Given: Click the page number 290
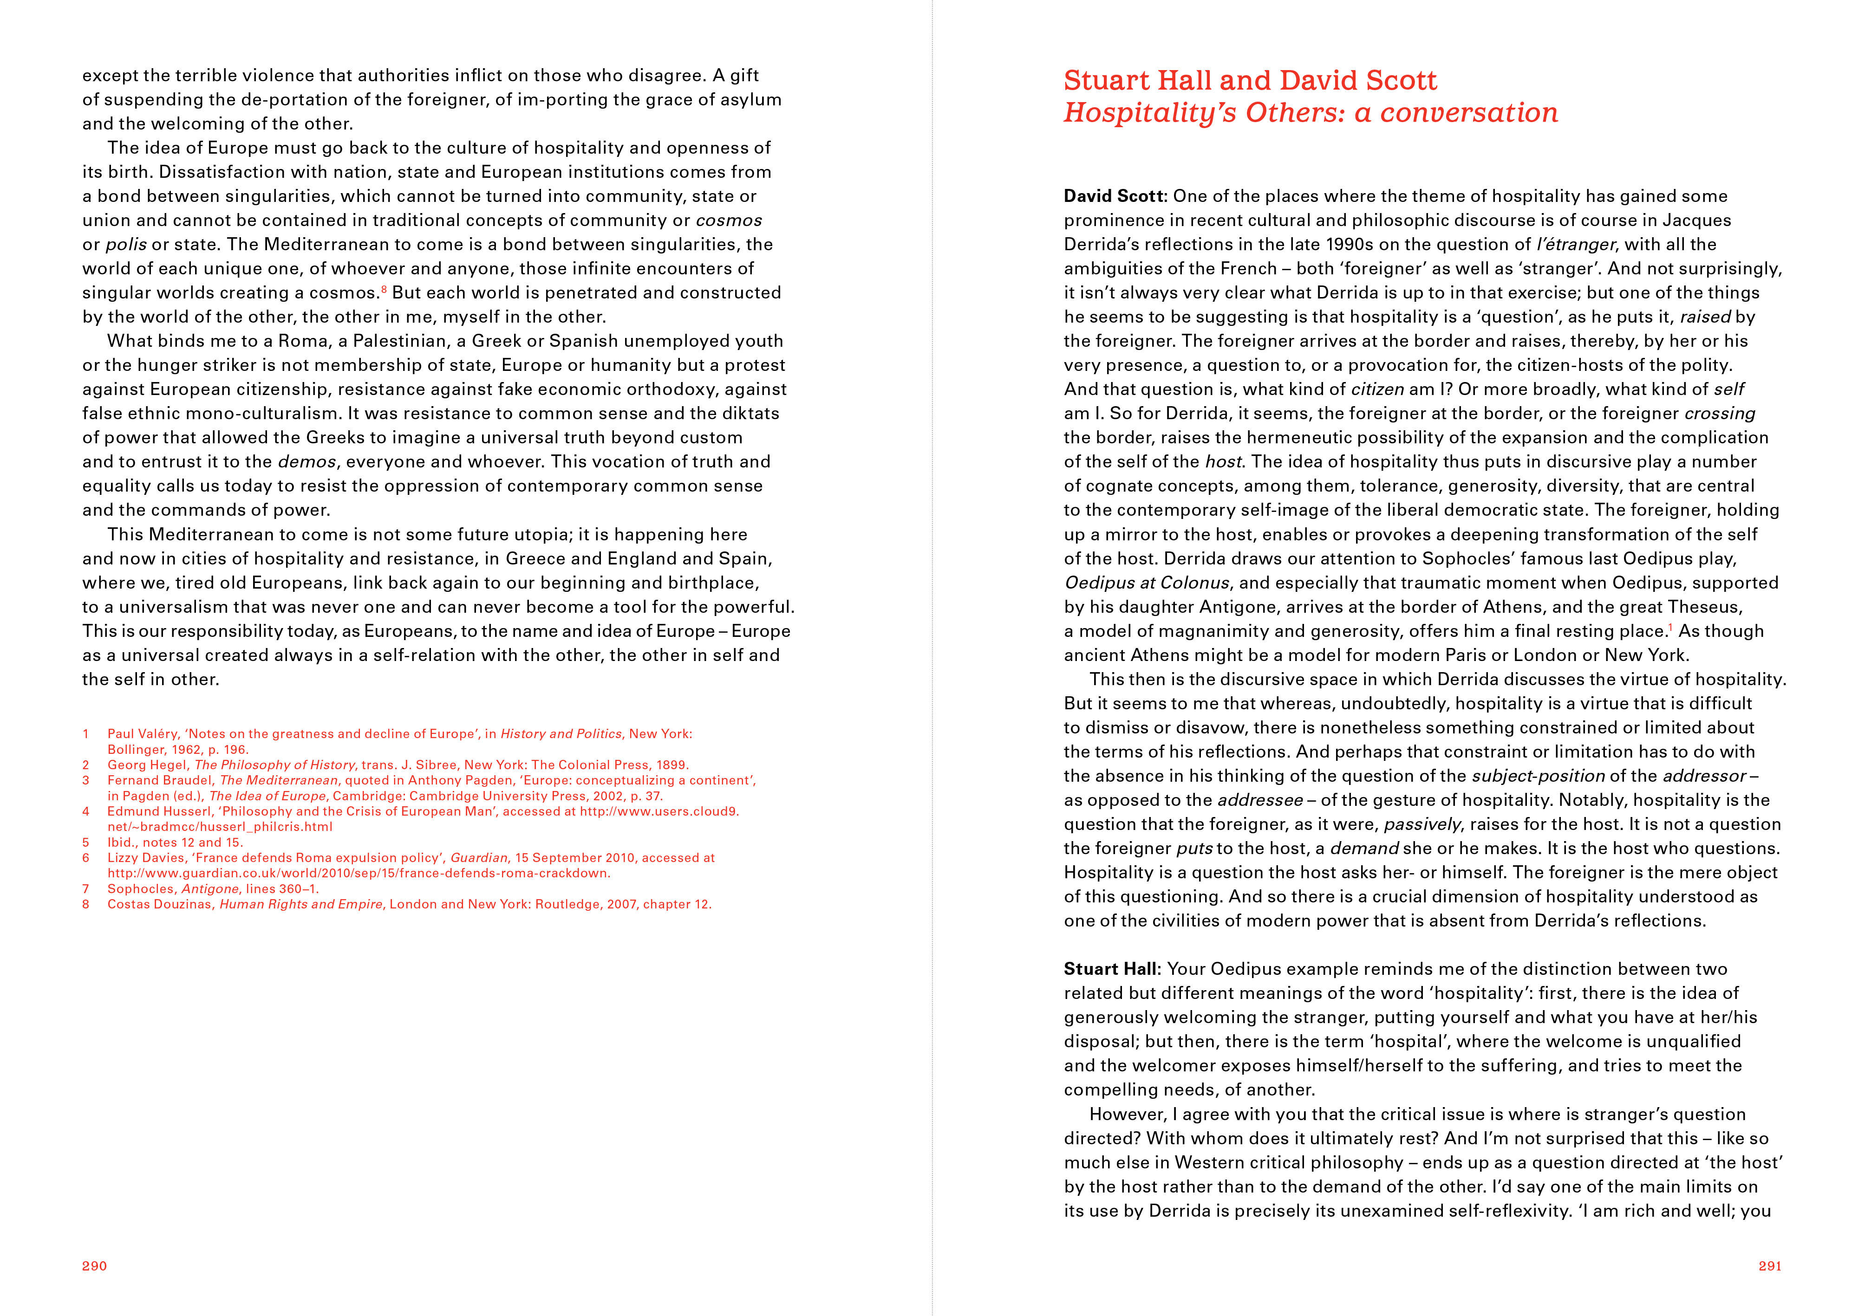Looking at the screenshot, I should pyautogui.click(x=94, y=1266).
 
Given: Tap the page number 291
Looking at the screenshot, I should pyautogui.click(x=1770, y=1266).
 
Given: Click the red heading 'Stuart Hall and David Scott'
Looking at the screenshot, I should pyautogui.click(x=1250, y=80).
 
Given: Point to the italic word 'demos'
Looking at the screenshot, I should pyautogui.click(x=306, y=462).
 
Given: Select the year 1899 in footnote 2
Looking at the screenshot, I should pyautogui.click(x=672, y=765).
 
